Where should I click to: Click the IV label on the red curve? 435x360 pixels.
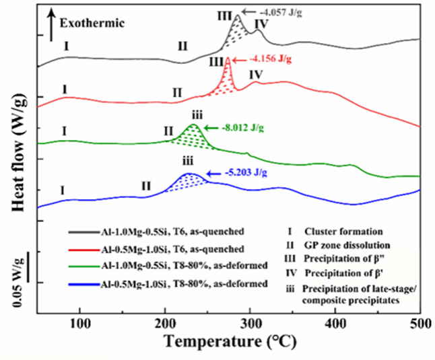(x=256, y=75)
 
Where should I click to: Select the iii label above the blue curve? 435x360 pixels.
(x=188, y=162)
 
